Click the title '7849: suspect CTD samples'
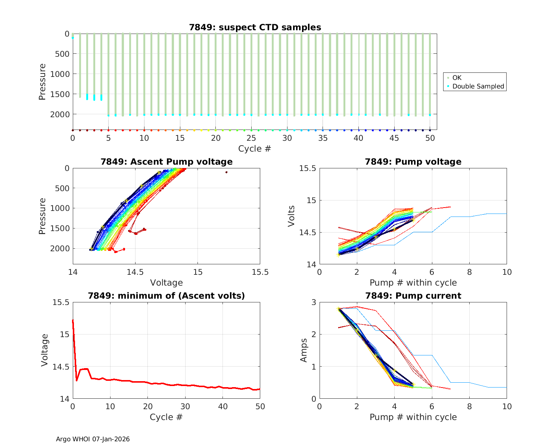(255, 27)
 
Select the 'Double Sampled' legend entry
(478, 86)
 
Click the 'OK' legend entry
(457, 78)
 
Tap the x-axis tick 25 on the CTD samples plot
(252, 138)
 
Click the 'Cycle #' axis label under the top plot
(255, 149)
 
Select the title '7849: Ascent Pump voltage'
(167, 162)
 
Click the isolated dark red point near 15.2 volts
(226, 172)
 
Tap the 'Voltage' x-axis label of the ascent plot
(167, 283)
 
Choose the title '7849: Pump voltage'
(413, 162)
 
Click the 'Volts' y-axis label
(292, 216)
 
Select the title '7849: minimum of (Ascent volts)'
(167, 296)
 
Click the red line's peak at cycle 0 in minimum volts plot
(73, 320)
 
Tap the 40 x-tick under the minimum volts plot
(223, 406)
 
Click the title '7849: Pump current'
(413, 296)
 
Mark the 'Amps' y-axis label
(304, 350)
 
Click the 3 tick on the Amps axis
(313, 302)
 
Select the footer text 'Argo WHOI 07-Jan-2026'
(93, 439)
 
